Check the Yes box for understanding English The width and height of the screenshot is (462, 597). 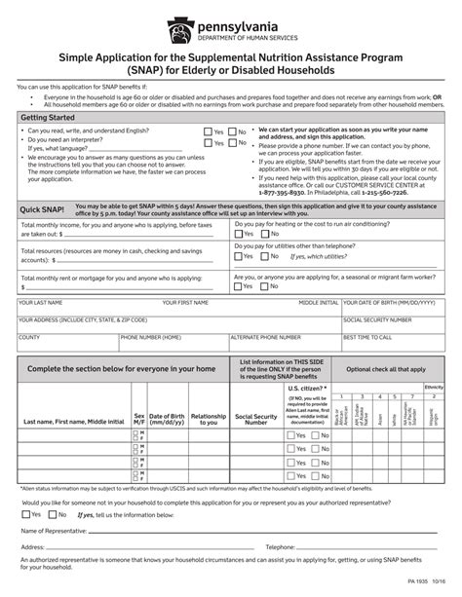pyautogui.click(x=208, y=131)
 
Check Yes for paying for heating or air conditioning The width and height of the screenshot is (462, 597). pyautogui.click(x=238, y=234)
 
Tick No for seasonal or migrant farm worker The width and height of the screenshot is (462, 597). pyautogui.click(x=265, y=285)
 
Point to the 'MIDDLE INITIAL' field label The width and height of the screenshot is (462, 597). pyautogui.click(x=318, y=303)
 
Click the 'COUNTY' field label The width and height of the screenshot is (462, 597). pyautogui.click(x=28, y=337)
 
